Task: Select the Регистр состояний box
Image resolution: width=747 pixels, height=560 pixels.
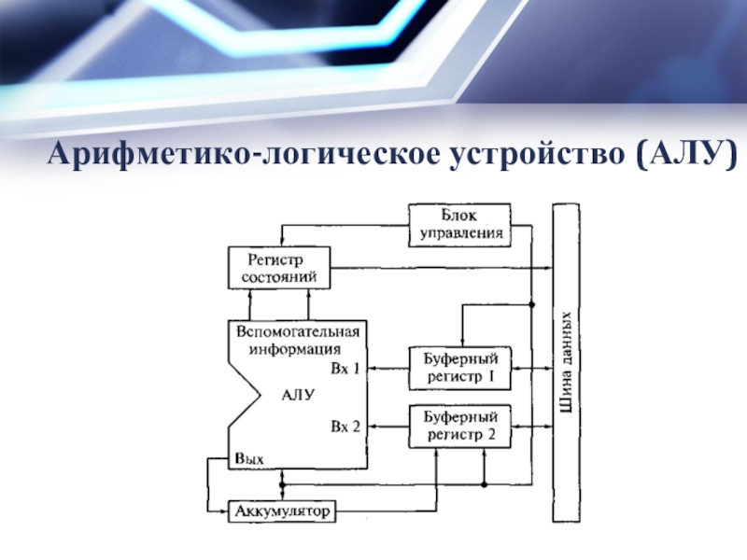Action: coord(279,268)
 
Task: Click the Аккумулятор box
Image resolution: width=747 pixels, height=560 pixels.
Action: coord(281,511)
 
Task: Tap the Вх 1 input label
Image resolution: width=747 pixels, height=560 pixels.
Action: coord(345,369)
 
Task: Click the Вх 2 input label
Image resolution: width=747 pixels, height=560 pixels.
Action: coord(345,427)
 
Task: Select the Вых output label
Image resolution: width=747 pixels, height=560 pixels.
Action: coord(249,459)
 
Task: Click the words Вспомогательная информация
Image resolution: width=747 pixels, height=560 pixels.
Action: coord(297,341)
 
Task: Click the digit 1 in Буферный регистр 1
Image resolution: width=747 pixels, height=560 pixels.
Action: coord(491,377)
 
